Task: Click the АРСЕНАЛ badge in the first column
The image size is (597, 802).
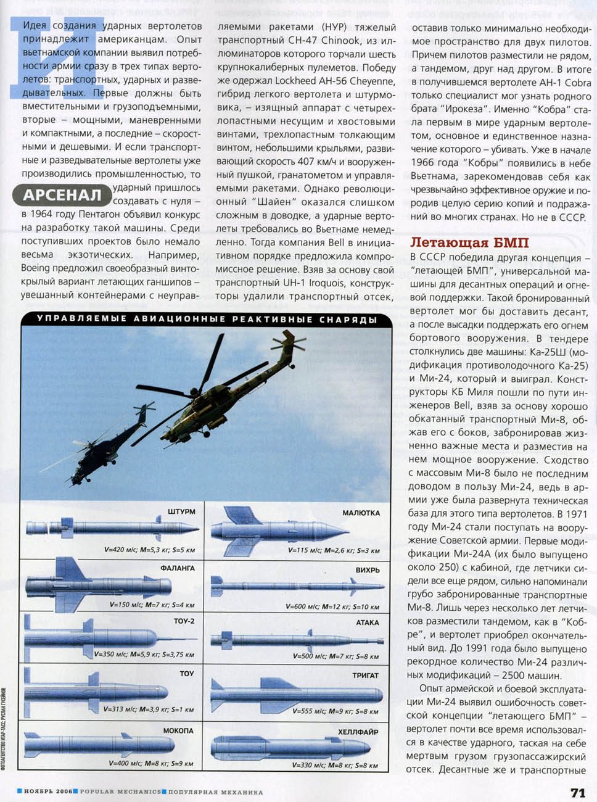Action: (x=62, y=196)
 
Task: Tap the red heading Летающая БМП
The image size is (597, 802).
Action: (x=469, y=242)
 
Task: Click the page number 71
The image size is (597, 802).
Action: (x=577, y=793)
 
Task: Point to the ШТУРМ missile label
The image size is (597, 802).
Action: (x=181, y=512)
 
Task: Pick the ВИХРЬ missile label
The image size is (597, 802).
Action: (x=368, y=570)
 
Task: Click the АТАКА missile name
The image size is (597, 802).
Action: (x=368, y=622)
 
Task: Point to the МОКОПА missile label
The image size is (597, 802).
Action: (x=178, y=730)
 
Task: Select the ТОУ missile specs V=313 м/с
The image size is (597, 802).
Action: (x=149, y=709)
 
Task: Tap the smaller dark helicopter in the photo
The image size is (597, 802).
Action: (x=111, y=438)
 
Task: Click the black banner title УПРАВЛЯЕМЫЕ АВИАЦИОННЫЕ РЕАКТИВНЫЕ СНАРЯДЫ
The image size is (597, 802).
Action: (x=207, y=320)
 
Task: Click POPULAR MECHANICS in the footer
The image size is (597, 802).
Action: (x=120, y=792)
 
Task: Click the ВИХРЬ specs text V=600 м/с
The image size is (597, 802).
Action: (x=332, y=606)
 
